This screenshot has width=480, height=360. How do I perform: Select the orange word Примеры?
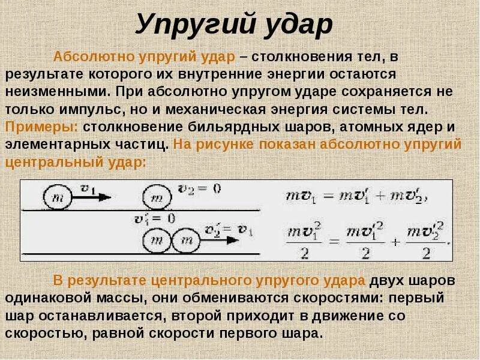42,127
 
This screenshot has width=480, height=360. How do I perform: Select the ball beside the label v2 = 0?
157,196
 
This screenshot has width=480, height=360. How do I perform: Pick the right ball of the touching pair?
186,241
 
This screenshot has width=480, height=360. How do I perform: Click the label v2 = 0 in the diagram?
200,188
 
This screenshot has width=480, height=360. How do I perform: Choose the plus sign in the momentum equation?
394,196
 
